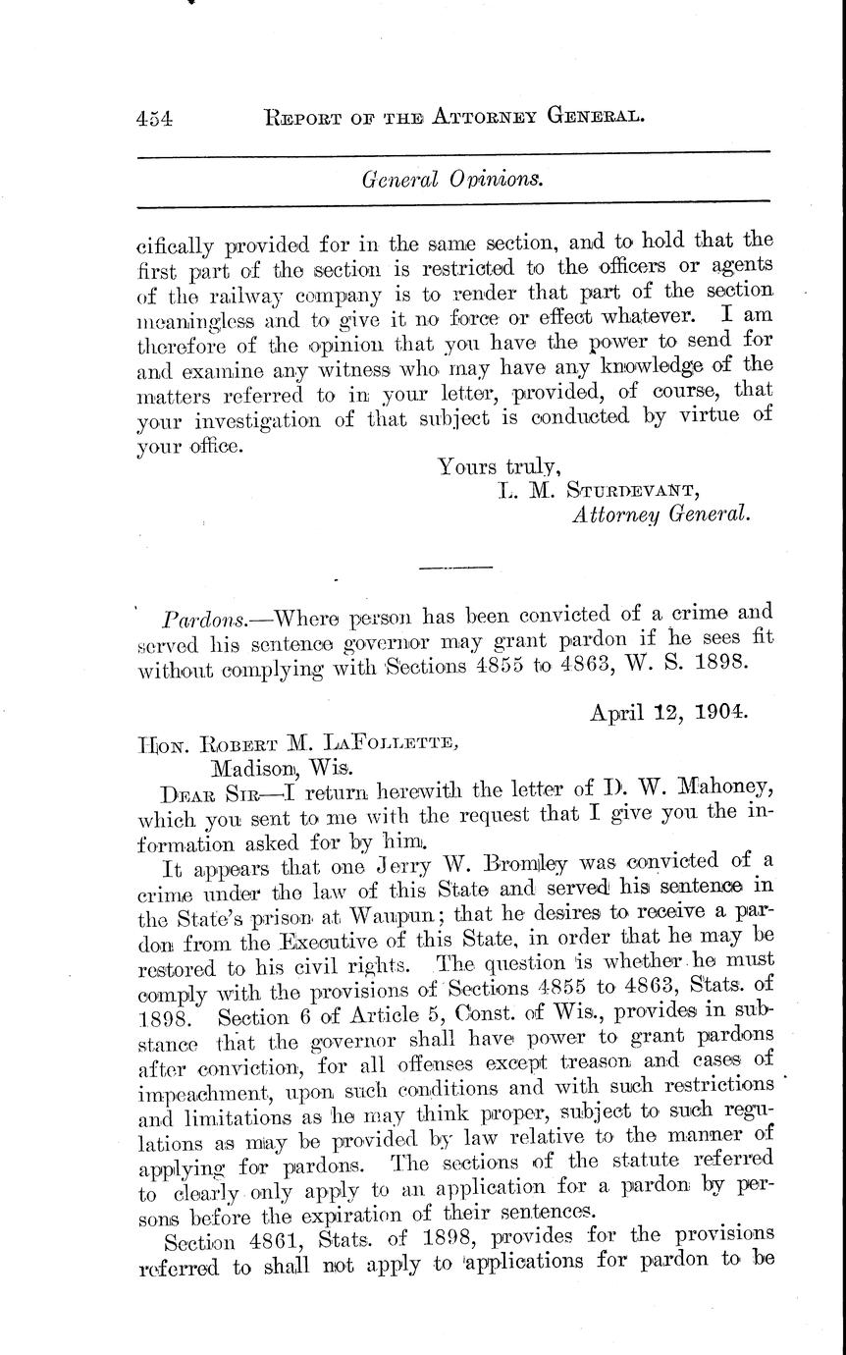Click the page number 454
[x=155, y=118]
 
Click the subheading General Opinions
[x=452, y=180]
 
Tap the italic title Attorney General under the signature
[x=661, y=514]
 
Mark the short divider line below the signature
[x=454, y=567]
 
